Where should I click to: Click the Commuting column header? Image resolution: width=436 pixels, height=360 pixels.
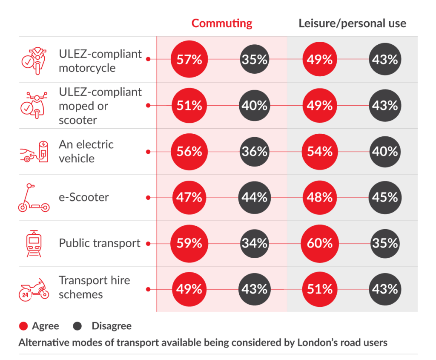click(x=221, y=23)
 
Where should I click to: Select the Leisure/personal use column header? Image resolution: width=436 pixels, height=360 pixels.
click(x=352, y=23)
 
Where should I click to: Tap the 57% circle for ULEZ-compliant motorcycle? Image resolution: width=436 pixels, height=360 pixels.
click(x=189, y=60)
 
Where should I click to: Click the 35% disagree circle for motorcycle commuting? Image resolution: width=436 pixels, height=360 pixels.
click(x=255, y=60)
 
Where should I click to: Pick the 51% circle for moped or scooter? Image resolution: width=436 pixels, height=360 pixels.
click(x=189, y=106)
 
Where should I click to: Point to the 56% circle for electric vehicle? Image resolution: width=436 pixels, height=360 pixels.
click(x=189, y=152)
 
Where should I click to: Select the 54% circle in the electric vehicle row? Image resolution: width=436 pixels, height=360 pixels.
click(x=320, y=152)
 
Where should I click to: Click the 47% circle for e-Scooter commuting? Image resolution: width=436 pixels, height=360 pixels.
click(x=189, y=198)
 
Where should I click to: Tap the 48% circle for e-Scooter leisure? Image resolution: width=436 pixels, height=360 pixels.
click(x=320, y=198)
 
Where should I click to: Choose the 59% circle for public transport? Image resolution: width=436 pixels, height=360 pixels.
click(x=189, y=243)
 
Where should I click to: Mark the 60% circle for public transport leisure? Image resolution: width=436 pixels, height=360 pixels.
click(x=320, y=243)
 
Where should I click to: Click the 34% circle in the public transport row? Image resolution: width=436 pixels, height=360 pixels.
click(x=255, y=243)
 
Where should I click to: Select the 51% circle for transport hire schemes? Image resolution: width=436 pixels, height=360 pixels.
click(x=320, y=289)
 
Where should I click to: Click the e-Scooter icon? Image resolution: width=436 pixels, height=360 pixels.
click(x=33, y=198)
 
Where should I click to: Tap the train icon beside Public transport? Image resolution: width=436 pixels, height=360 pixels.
click(x=34, y=244)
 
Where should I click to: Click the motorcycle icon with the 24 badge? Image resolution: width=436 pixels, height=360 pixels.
click(x=34, y=290)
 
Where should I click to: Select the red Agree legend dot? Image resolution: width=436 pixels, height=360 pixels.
click(x=23, y=326)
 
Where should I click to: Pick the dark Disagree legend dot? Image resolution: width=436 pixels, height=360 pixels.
click(x=77, y=326)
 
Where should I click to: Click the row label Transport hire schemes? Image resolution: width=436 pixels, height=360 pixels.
click(x=94, y=288)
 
